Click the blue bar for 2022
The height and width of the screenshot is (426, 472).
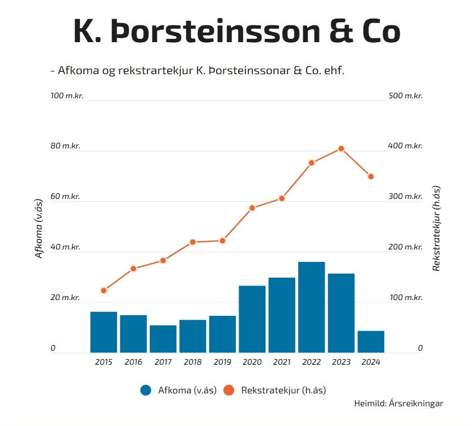coord(312,307)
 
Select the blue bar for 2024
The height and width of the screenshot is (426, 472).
coord(371,342)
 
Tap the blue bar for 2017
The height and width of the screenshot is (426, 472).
coord(163,339)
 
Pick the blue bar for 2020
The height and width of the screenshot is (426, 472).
coord(252,319)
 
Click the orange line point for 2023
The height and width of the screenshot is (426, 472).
coord(341,148)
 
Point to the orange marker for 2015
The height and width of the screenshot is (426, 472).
coord(104,291)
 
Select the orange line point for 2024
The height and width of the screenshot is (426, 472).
coord(371,176)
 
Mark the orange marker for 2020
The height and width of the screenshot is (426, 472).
coord(252,208)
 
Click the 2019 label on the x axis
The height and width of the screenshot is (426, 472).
coord(222,362)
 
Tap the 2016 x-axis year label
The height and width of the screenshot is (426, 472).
coord(133,362)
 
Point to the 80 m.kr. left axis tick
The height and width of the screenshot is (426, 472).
coord(65,146)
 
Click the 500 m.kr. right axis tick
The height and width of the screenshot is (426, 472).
coord(405,96)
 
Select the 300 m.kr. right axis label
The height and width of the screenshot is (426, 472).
coord(405,197)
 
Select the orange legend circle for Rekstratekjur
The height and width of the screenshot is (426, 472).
coord(229,390)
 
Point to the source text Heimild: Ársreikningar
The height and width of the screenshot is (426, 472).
coord(398,404)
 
